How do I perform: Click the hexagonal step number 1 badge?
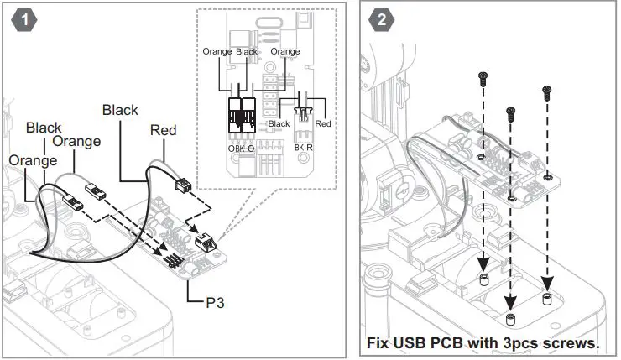point(24,20)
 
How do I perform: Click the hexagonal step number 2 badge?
point(381,19)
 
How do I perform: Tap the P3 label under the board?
point(215,303)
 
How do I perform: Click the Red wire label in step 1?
point(163,130)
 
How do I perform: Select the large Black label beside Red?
point(120,110)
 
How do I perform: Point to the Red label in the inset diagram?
point(323,123)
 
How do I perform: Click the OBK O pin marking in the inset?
point(241,149)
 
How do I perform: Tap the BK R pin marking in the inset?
point(304,148)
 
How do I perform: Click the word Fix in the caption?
point(378,342)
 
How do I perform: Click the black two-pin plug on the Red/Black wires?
point(183,184)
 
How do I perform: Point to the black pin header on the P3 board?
point(171,261)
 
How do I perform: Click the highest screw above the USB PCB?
point(483,79)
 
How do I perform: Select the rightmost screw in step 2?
point(547,92)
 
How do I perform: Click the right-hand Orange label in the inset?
point(285,51)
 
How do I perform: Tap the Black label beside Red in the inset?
point(279,123)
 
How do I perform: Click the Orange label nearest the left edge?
point(33,160)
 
